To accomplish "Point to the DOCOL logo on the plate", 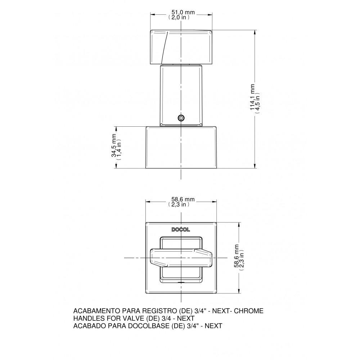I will click(x=181, y=229).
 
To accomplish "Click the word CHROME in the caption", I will click(x=249, y=311).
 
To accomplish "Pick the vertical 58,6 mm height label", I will click(x=237, y=256).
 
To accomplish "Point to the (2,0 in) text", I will click(x=179, y=17).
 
